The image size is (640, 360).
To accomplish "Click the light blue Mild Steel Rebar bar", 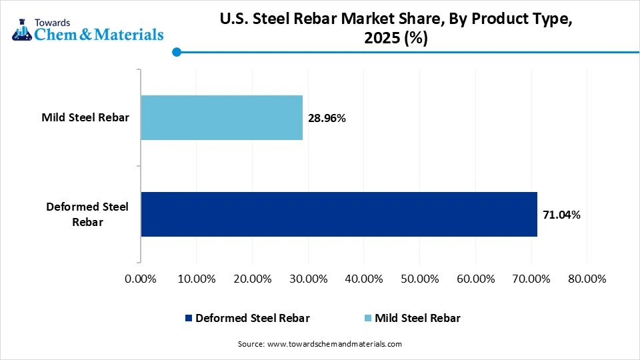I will tap(221, 117).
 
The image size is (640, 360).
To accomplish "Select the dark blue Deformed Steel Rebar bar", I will tap(339, 214).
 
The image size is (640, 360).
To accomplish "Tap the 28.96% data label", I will tap(327, 118).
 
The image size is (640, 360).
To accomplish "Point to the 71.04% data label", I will tap(561, 215).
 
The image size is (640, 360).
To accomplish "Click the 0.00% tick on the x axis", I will tap(141, 279).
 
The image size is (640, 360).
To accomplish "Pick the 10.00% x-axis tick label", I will tap(197, 279).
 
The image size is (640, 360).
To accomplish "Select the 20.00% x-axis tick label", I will tap(253, 279).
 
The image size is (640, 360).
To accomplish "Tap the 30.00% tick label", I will tap(308, 279).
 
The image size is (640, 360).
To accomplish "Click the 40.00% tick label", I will tap(364, 279).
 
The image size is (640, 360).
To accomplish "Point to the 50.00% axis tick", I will tap(420, 279).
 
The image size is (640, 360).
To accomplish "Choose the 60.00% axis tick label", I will tap(476, 279).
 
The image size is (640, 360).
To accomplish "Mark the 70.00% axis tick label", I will tap(531, 279).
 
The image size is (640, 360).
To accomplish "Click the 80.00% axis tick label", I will tap(587, 279).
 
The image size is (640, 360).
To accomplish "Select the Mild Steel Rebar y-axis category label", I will tap(85, 118).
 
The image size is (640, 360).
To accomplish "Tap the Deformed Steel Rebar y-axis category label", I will tap(87, 214).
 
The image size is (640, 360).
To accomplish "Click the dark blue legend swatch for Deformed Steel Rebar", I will tap(188, 319).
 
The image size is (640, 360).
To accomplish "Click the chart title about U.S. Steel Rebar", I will tap(395, 29).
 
